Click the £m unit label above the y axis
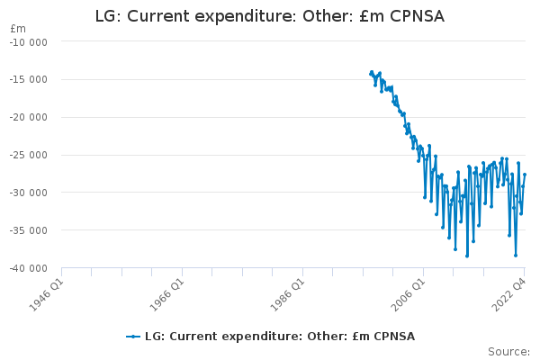tap(18, 29)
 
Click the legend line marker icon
tap(133, 337)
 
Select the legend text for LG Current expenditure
tap(280, 337)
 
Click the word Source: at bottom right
tap(508, 351)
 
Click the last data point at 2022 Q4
tap(525, 175)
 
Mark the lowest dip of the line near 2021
tap(516, 256)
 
